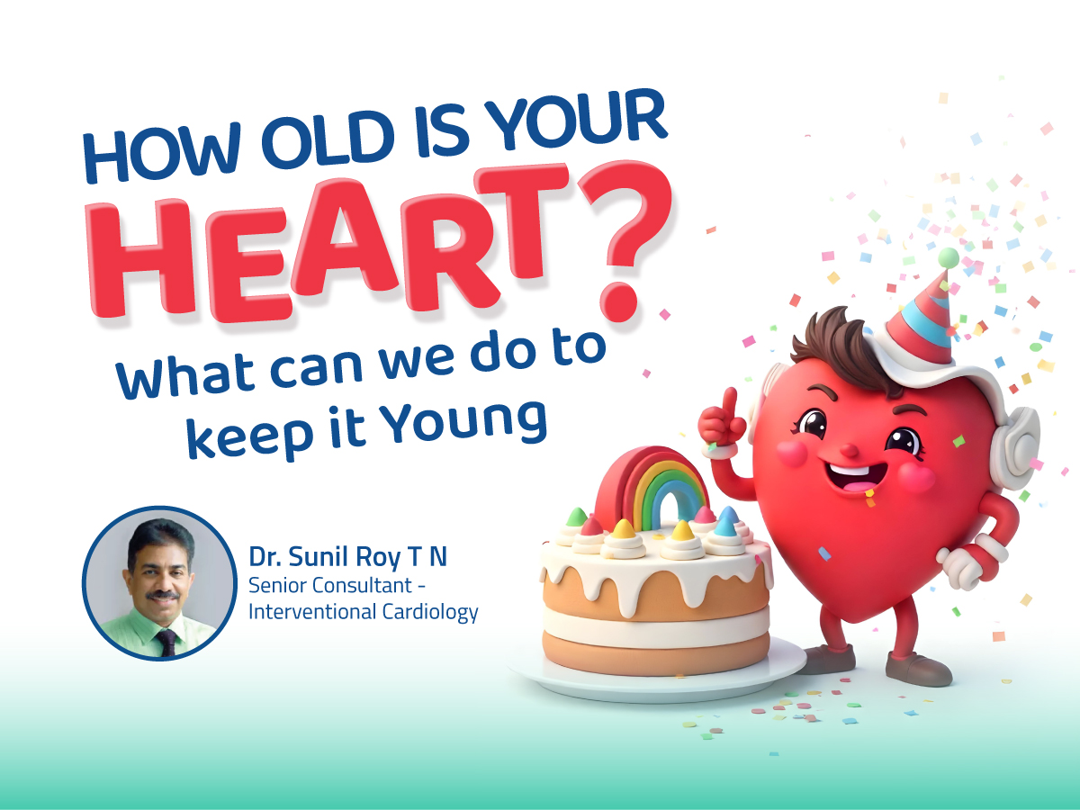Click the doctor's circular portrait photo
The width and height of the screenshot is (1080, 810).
[x=159, y=583]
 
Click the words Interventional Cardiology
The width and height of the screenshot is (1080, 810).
[x=363, y=612]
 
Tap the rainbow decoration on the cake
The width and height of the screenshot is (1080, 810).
[x=652, y=487]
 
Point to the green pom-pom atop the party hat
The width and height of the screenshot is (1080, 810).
[x=948, y=257]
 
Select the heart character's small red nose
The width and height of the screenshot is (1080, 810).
[x=849, y=449]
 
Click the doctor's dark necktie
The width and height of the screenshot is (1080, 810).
[x=166, y=642]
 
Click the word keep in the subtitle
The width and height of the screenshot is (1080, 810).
[x=249, y=436]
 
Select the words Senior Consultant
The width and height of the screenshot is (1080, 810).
[x=330, y=585]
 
